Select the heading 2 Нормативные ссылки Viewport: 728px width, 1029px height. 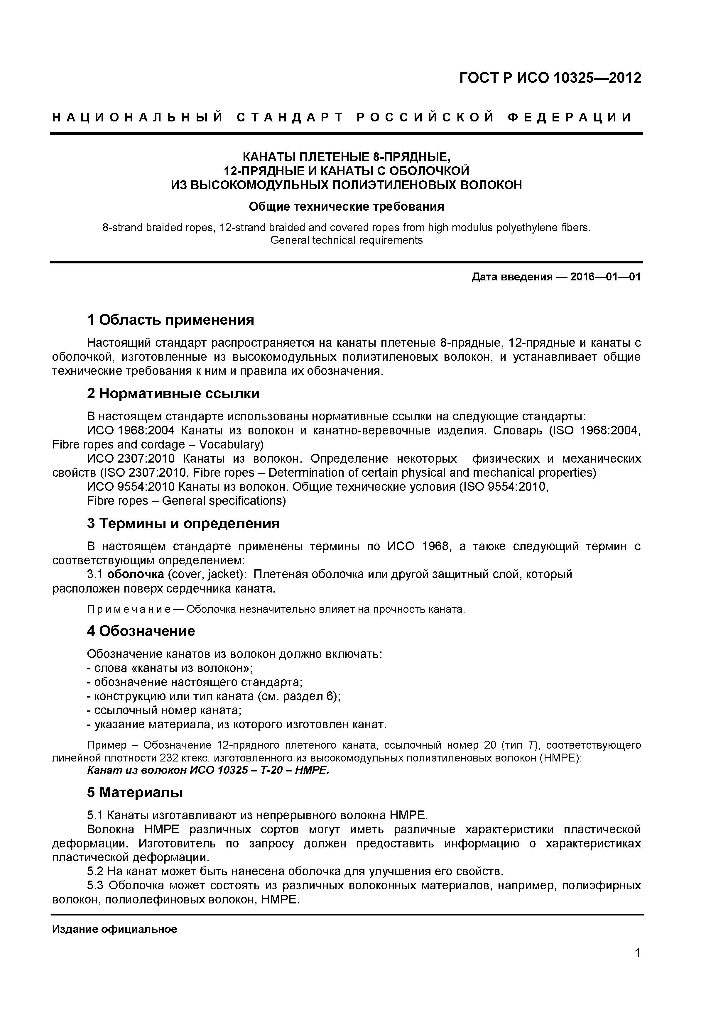click(x=173, y=393)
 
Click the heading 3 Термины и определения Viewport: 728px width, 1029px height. click(x=183, y=524)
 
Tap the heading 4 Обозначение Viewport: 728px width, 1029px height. click(x=141, y=631)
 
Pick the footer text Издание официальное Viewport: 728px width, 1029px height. click(x=115, y=929)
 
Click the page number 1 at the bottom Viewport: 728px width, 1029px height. click(x=637, y=965)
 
